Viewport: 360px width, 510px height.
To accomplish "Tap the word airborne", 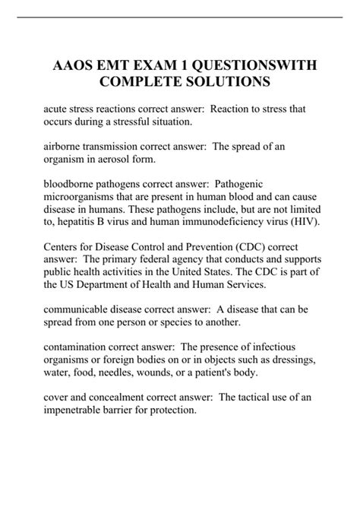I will pos(64,146).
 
